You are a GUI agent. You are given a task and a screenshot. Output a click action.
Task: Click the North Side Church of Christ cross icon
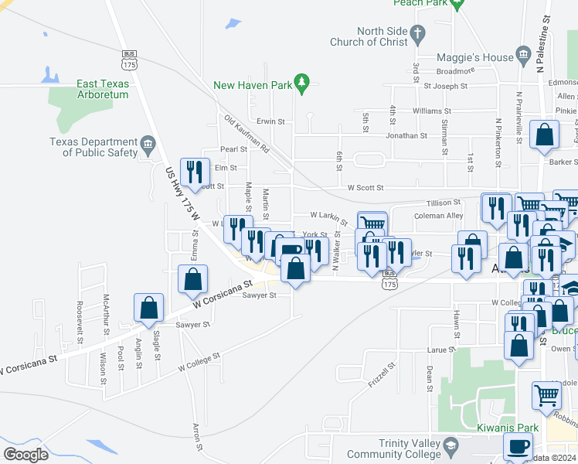417,33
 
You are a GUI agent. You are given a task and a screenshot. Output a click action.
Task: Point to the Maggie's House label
475,57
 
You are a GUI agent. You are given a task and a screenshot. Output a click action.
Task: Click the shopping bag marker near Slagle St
148,308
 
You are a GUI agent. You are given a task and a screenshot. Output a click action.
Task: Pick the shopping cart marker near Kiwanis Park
546,395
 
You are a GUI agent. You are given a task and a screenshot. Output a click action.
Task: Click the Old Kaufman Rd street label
246,133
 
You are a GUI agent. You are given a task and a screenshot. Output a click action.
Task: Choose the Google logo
25,455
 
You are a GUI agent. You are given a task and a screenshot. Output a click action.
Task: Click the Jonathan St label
407,135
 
